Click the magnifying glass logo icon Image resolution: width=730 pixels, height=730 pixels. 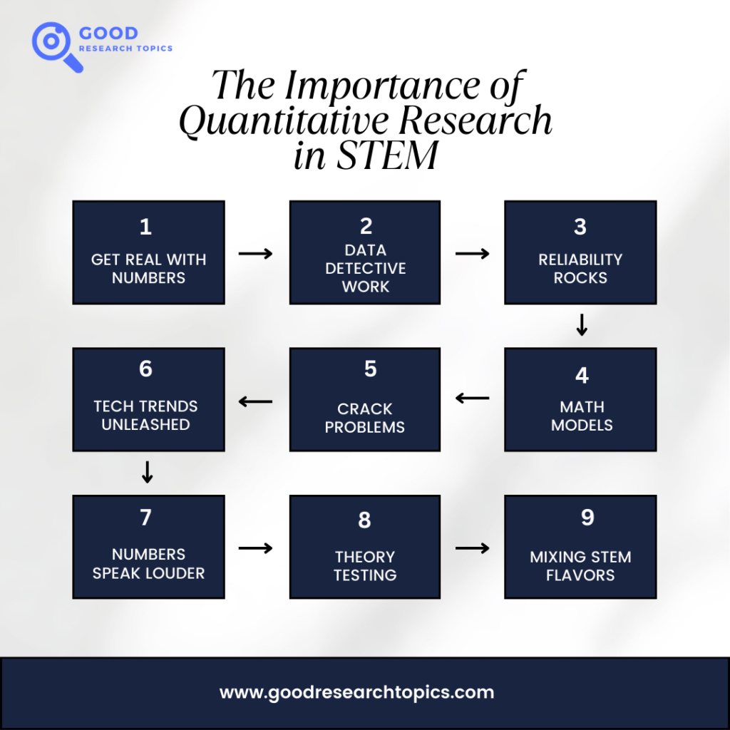pos(51,41)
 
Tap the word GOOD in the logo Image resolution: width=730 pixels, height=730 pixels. pos(108,33)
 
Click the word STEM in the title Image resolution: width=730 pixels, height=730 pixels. pos(387,155)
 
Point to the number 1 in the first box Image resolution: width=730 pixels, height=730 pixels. pos(145,227)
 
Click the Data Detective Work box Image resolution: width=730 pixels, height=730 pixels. pos(365,252)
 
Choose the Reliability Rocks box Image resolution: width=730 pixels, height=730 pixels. pos(580,252)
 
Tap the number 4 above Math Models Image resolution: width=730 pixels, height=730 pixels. pos(582,375)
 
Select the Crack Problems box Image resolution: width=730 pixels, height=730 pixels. pos(365,399)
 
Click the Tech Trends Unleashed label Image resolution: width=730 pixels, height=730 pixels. pos(145,416)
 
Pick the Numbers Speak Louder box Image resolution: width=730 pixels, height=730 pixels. pos(148,547)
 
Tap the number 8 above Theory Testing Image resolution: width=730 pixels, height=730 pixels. pos(364,520)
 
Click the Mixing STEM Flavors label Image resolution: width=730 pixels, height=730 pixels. pos(580,565)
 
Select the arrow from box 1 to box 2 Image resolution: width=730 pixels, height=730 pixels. pos(256,253)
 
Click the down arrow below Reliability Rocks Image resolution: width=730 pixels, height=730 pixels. pos(582,324)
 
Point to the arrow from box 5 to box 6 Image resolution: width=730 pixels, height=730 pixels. pos(256,401)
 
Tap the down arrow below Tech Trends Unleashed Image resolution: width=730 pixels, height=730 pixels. pos(147,472)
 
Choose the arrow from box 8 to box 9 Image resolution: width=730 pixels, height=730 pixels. pos(473,548)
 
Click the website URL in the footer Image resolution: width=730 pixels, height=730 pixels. pos(356,692)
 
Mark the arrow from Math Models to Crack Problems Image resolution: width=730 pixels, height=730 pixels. pos(473,398)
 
